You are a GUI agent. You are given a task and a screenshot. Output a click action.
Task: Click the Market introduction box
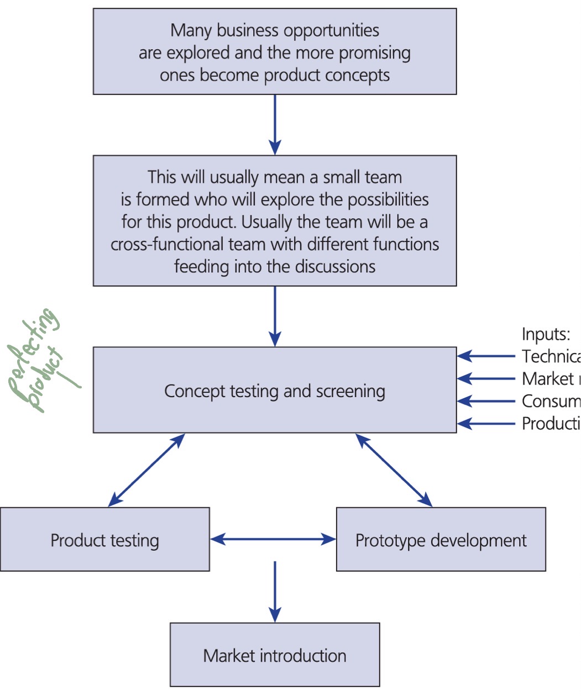pyautogui.click(x=275, y=655)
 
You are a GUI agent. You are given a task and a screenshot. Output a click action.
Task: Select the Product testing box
pyautogui.click(x=105, y=540)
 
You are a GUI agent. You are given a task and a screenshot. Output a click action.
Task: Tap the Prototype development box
pyautogui.click(x=441, y=540)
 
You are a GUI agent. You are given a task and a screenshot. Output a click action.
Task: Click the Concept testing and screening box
pyautogui.click(x=275, y=391)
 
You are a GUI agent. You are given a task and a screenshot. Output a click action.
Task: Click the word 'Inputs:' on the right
pyautogui.click(x=546, y=334)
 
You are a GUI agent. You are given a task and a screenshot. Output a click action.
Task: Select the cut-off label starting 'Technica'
pyautogui.click(x=551, y=357)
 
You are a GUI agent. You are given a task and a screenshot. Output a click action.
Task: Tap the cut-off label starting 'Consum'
pyautogui.click(x=551, y=401)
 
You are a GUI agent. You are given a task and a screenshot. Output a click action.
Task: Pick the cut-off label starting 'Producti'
pyautogui.click(x=551, y=424)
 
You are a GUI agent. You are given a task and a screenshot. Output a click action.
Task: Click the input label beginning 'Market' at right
pyautogui.click(x=548, y=379)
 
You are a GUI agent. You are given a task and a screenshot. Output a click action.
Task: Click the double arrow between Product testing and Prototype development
pyautogui.click(x=273, y=539)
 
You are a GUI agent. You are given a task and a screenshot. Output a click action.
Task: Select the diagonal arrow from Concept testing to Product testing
pyautogui.click(x=146, y=470)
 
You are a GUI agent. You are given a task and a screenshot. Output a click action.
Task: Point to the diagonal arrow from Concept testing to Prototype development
pyautogui.click(x=394, y=470)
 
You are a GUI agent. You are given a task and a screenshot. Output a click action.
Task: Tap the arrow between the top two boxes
pyautogui.click(x=275, y=125)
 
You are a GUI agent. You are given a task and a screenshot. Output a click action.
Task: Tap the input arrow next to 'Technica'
pyautogui.click(x=486, y=357)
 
